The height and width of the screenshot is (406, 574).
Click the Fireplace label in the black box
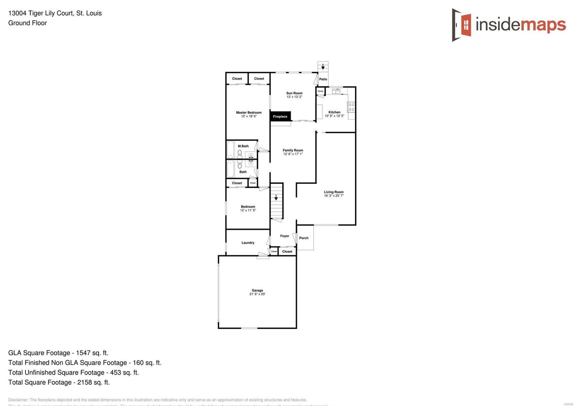tap(280, 116)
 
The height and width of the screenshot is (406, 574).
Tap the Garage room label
tap(257, 290)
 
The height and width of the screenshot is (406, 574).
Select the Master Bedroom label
tap(249, 112)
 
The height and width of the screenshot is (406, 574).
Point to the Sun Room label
tap(294, 93)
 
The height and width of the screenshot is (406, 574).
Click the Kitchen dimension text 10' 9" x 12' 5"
tap(334, 116)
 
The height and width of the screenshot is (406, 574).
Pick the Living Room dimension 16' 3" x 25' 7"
tap(334, 196)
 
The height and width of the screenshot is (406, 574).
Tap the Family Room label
tap(293, 150)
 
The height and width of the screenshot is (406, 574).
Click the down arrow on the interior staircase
tap(276, 198)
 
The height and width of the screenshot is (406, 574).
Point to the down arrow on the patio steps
tap(323, 67)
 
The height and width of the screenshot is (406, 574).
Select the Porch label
tap(304, 238)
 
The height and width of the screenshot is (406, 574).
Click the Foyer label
tap(284, 236)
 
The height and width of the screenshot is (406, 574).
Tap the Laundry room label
tap(248, 243)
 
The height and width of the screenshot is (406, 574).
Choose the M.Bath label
tap(243, 146)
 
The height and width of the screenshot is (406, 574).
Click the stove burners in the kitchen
tap(352, 107)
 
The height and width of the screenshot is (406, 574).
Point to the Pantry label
tap(320, 91)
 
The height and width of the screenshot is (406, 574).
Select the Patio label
tap(323, 79)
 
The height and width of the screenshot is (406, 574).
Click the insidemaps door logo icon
tap(462, 25)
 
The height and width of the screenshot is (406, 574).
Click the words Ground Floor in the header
tap(28, 23)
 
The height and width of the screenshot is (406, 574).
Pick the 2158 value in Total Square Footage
tap(85, 382)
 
